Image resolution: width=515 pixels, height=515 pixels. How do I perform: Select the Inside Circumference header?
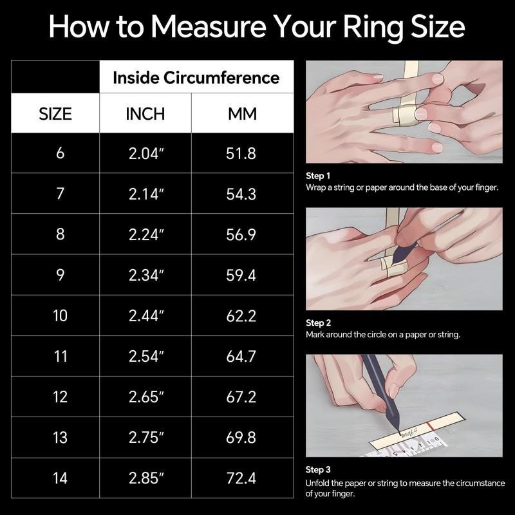196,78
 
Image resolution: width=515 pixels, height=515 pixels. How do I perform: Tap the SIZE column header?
55,114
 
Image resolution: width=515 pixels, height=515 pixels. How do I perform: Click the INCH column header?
145,114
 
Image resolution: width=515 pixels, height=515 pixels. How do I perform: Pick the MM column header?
242,114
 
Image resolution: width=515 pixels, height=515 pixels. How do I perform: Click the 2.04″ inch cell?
146,153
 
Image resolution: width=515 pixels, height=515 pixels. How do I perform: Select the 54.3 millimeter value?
242,194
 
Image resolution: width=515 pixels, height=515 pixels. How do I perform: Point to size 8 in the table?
61,234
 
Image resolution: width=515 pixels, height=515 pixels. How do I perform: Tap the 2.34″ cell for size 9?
146,275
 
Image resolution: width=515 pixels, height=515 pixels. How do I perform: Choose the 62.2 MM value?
242,315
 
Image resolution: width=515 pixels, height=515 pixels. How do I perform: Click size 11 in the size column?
61,356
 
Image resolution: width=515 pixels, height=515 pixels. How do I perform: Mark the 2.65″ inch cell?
146,397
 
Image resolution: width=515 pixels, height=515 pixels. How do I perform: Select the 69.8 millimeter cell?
242,438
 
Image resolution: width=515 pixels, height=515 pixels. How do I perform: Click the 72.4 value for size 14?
242,478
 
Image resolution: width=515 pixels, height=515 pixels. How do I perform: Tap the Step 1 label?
318,176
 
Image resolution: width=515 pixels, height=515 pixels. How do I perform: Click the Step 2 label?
318,323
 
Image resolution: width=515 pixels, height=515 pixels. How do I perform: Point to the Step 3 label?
318,470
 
